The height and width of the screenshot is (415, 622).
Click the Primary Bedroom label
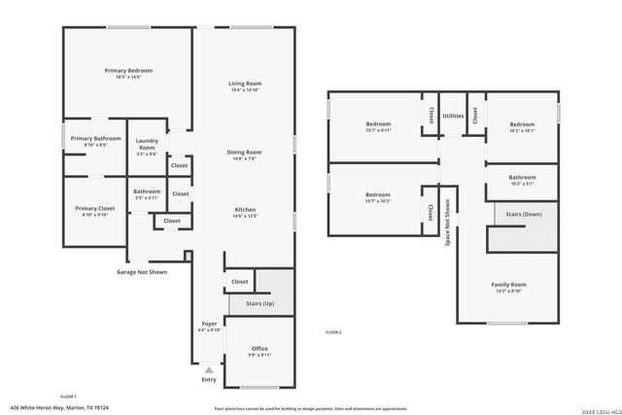(x=128, y=71)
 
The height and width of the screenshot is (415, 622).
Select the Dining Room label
(x=244, y=153)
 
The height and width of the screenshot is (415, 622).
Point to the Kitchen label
(x=244, y=211)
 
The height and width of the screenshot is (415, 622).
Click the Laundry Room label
(x=147, y=146)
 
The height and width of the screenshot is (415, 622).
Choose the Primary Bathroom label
(x=95, y=139)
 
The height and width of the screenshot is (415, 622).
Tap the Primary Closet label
(x=95, y=209)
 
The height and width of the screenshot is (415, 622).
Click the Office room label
(x=259, y=349)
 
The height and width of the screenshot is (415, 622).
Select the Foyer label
(x=209, y=323)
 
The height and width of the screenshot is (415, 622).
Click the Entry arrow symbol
(x=208, y=369)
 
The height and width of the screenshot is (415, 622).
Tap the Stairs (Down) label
(x=526, y=212)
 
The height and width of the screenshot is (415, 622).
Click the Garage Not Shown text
(x=142, y=272)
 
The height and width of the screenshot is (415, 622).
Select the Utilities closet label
(x=453, y=116)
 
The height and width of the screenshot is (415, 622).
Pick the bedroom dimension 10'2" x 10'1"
(x=522, y=130)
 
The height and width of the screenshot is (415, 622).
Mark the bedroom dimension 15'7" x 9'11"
(x=377, y=130)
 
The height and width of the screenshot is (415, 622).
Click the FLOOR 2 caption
(x=333, y=332)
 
